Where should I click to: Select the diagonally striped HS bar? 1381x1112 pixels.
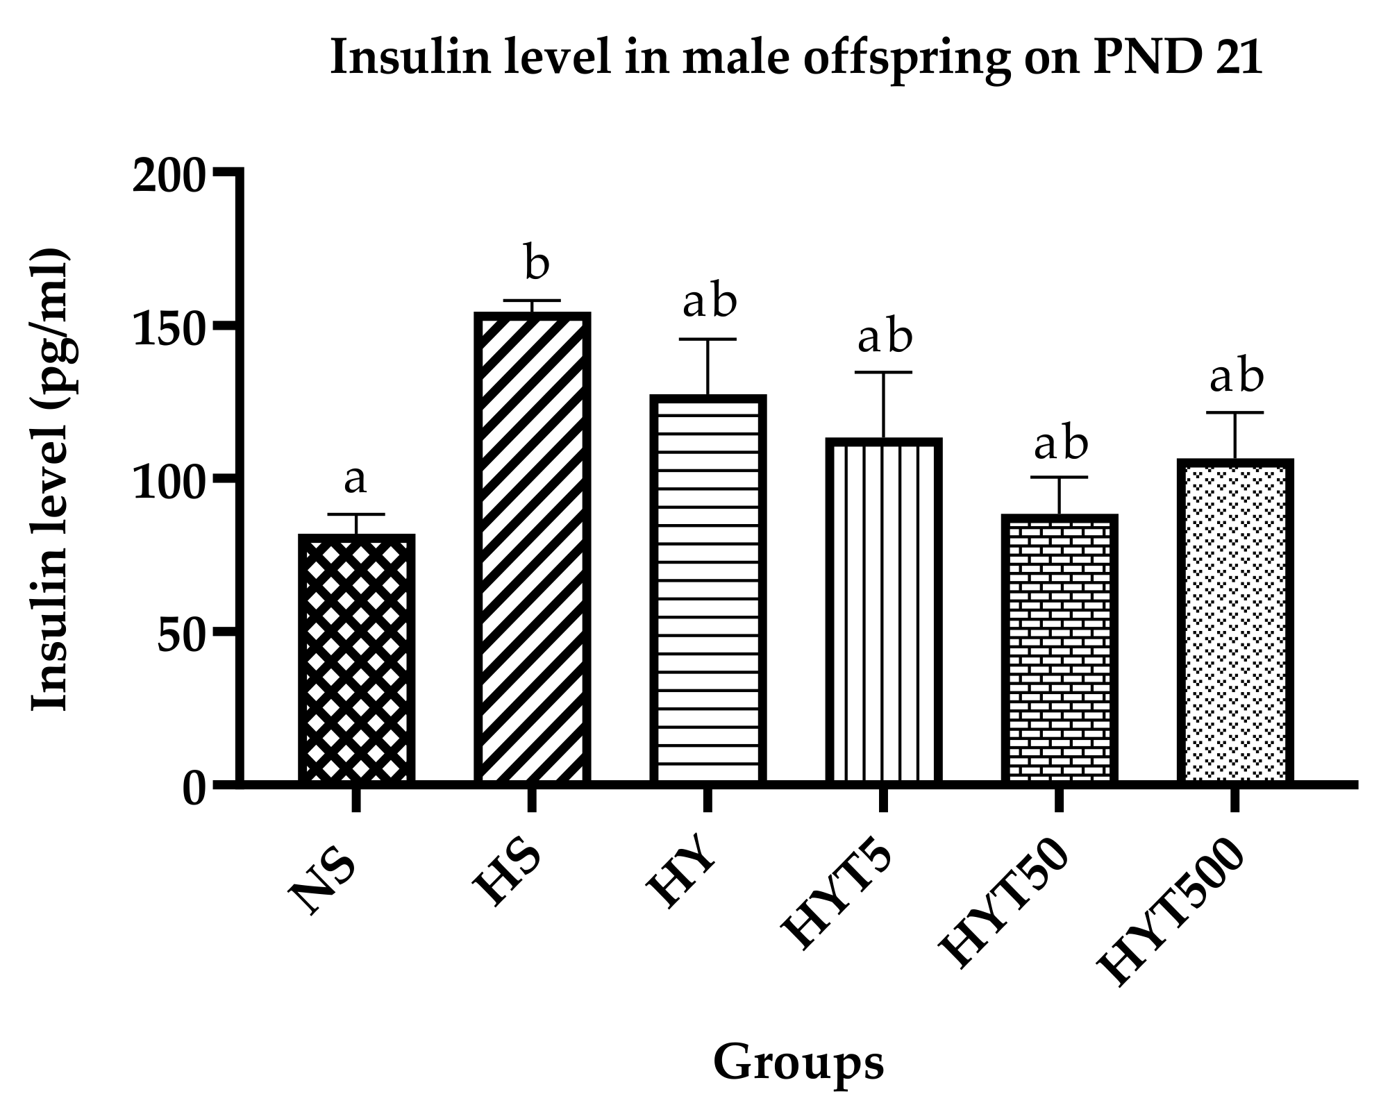tap(532, 548)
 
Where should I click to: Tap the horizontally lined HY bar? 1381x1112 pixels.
tap(708, 590)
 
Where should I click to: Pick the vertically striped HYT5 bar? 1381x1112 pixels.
tap(883, 611)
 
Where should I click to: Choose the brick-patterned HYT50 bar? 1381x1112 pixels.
tap(1059, 649)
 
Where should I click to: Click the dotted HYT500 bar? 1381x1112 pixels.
tap(1234, 621)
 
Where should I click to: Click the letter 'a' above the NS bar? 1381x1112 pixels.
tap(355, 480)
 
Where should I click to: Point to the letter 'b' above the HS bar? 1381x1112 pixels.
tap(536, 264)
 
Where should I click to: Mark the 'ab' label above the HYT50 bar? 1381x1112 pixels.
tap(1060, 444)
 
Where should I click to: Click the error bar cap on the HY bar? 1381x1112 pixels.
tap(708, 339)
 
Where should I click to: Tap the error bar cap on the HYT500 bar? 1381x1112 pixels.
tap(1234, 413)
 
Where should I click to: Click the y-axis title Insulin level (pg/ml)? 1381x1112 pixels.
tap(51, 479)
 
